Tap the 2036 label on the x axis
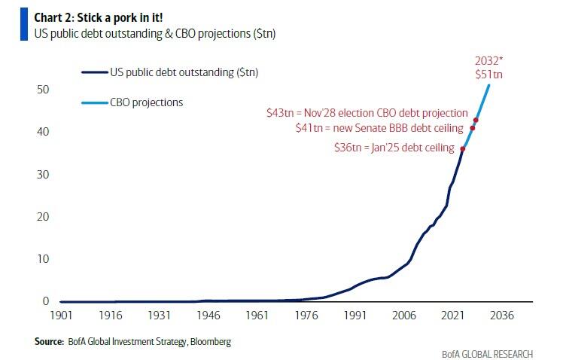coord(501,316)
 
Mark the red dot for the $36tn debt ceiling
coord(462,148)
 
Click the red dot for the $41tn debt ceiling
coord(472,128)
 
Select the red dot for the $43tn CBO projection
coord(476,120)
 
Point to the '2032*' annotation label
coord(490,61)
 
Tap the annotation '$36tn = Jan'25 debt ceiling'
coord(394,148)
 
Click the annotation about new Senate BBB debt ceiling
coord(379,129)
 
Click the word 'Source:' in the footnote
coord(48,341)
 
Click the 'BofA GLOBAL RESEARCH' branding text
coord(488,354)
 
